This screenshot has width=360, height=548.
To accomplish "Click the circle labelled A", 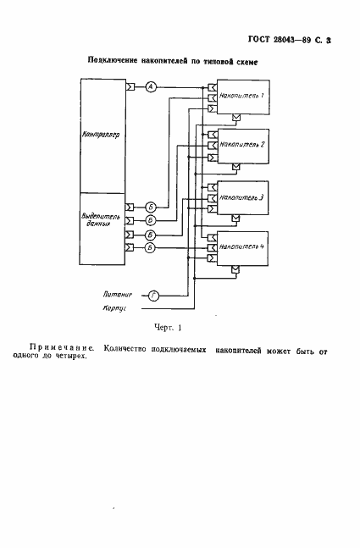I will pos(150,86).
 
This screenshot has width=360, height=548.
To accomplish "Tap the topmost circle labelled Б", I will pos(150,207).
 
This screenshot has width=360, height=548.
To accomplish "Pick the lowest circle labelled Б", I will pos(150,247).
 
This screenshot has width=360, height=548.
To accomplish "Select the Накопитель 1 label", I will pos(241,96).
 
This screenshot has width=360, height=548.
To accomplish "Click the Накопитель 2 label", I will pos(241,145).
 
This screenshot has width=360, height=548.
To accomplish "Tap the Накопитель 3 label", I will pos(241,196).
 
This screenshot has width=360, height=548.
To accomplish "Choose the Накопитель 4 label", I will pos(241,246).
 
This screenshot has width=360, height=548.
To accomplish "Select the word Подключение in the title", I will pos(119,62).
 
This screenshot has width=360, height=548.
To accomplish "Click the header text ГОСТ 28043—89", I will pos(291,40).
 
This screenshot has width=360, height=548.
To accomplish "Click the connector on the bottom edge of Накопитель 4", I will pos(236,268).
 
